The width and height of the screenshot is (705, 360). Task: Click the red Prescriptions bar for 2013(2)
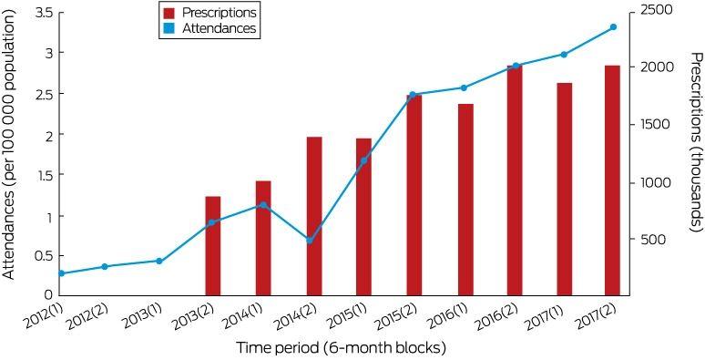point(212,246)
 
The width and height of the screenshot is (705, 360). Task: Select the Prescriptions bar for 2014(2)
point(314,216)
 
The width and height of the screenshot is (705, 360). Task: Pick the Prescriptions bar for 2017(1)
point(564,189)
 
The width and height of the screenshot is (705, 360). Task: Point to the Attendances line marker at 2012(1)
point(62,273)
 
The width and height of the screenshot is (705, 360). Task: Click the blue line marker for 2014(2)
point(310,241)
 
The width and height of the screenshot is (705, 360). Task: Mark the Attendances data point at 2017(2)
point(613,27)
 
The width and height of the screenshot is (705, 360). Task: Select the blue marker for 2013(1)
point(158,261)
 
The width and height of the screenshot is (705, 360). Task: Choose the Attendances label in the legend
point(219,29)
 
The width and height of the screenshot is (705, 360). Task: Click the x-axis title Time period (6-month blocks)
point(341,348)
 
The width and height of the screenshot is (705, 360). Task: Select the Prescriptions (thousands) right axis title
point(697,143)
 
